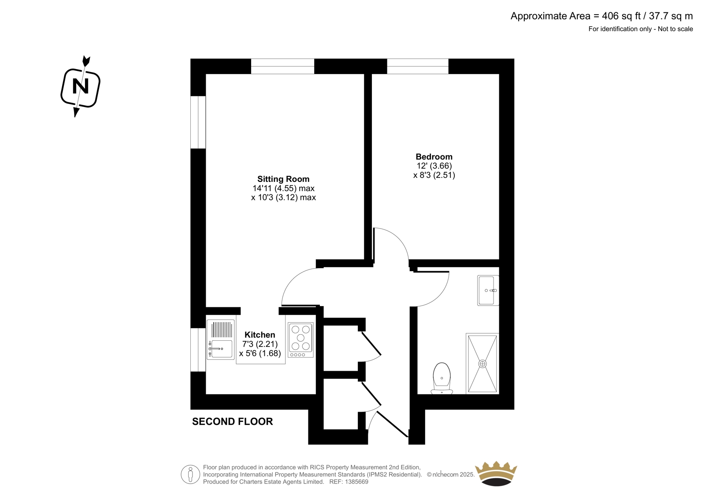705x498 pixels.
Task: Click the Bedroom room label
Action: click(434, 157)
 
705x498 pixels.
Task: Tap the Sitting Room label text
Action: click(283, 179)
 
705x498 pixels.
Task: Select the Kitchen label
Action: click(260, 335)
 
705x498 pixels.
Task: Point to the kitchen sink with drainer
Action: click(221, 339)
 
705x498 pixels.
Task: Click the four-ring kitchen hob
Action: click(301, 340)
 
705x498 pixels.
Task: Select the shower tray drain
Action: click(482, 364)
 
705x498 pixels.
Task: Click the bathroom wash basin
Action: click(488, 290)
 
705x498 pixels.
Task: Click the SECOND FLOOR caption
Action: click(232, 421)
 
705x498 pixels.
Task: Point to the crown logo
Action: click(496, 473)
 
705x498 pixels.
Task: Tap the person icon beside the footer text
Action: click(190, 474)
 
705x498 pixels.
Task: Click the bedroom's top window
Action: click(418, 66)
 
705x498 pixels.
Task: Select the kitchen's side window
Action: click(198, 350)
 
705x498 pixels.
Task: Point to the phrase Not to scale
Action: click(675, 29)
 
